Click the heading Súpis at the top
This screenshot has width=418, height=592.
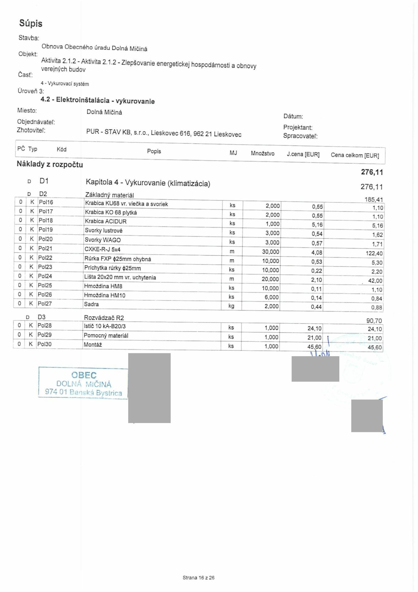31,23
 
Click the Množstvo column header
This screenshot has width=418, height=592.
262,154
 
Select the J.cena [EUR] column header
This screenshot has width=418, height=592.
303,154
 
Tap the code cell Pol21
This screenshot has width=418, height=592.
45,248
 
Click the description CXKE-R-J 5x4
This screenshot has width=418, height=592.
102,249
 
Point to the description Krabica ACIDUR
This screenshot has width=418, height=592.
105,222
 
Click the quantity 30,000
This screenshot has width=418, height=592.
271,252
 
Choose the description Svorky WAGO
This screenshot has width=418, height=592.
102,240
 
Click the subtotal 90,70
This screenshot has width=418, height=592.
374,321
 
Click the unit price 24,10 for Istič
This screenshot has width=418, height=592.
314,328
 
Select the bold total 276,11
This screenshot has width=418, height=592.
372,172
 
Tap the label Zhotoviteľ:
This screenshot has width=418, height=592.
31,130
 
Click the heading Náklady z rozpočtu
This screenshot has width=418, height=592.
50,164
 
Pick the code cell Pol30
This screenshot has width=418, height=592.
44,344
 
